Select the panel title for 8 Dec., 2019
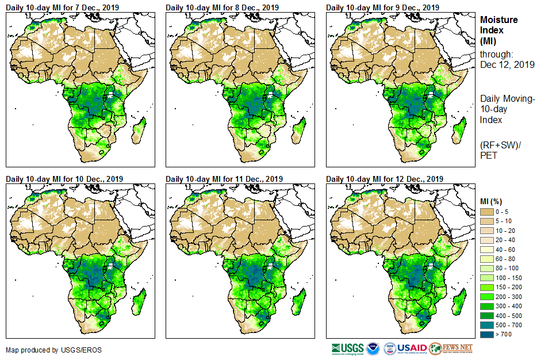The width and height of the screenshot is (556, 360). click(222, 7)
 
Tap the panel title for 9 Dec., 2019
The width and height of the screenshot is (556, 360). click(382, 7)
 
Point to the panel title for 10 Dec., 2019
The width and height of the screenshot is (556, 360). click(66, 179)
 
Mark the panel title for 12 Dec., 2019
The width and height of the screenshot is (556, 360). click(385, 179)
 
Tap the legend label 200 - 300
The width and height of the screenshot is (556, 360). click(509, 297)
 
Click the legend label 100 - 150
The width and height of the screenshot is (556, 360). click(509, 278)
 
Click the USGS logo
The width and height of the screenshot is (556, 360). click(347, 348)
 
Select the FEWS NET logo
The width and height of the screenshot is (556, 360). click(450, 348)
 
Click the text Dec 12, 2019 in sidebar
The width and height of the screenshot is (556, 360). click(507, 65)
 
